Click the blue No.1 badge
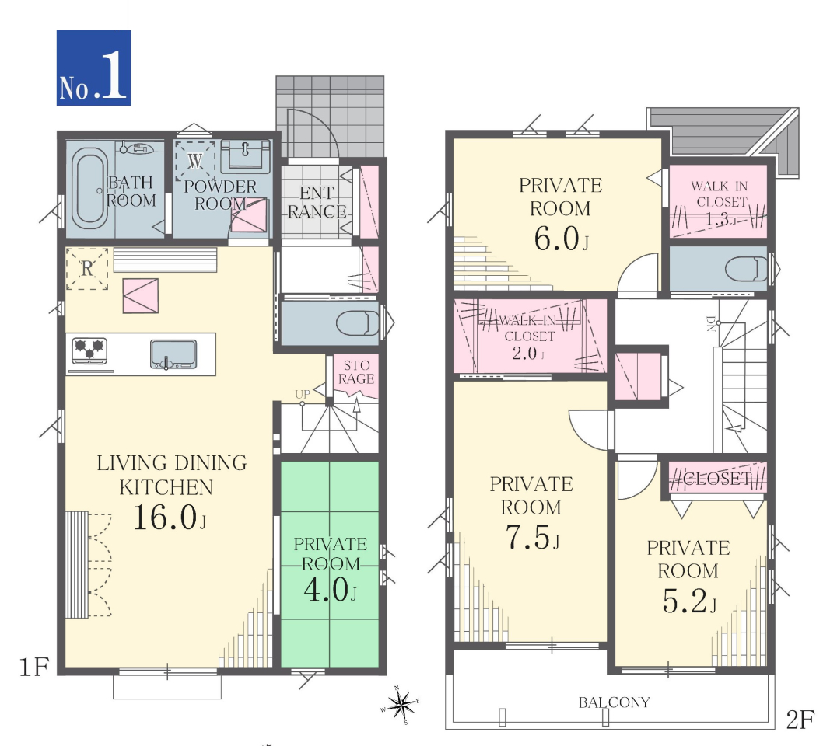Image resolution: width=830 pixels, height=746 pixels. tap(93, 68)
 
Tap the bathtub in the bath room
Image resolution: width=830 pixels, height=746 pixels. tap(89, 188)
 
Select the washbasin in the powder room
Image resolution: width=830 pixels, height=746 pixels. tap(246, 156)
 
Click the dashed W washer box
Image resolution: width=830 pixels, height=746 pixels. tap(195, 160)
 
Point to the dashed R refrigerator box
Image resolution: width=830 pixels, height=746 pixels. tap(87, 269)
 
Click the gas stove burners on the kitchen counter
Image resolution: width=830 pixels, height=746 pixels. tap(89, 350)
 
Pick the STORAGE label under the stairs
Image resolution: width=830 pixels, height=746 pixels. tap(357, 372)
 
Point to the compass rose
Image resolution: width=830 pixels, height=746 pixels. tap(401, 706)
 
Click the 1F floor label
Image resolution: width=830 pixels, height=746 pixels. tap(34, 667)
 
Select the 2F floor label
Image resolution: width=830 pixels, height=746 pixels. tap(800, 720)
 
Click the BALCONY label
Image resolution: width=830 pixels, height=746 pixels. tap(614, 702)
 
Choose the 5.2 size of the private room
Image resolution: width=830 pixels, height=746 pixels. tap(689, 601)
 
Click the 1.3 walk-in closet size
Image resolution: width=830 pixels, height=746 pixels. tap(720, 219)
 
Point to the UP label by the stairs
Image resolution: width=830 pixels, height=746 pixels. tap(303, 394)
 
